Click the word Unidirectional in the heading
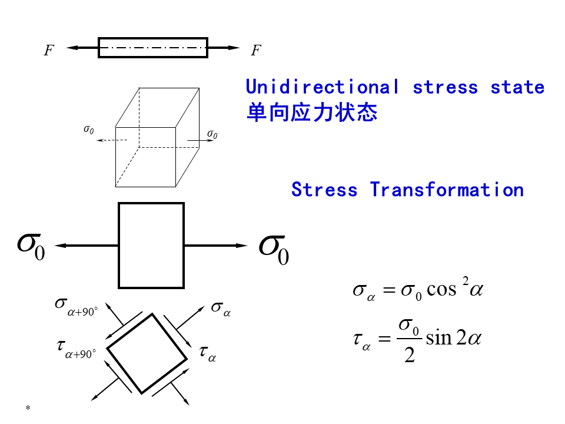(x=322, y=87)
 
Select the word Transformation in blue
(x=447, y=190)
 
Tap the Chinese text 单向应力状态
(x=311, y=112)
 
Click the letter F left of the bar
(x=49, y=51)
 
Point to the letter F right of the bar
(x=255, y=51)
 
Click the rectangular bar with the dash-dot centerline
(x=152, y=48)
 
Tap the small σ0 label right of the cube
(x=212, y=135)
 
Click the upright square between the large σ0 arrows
(x=151, y=246)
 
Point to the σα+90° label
(x=75, y=306)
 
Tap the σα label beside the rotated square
(x=221, y=309)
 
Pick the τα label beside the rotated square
(x=207, y=353)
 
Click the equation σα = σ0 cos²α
(x=417, y=290)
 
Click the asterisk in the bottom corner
(x=28, y=408)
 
